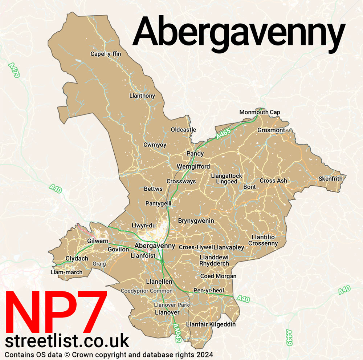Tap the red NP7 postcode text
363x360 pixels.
(x=56, y=313)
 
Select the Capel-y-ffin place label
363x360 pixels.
(x=106, y=54)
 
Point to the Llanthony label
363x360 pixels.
(x=142, y=96)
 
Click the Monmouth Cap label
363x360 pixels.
(x=260, y=112)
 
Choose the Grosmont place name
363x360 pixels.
(x=271, y=130)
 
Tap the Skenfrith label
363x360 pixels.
(x=330, y=179)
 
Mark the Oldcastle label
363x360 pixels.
(x=183, y=130)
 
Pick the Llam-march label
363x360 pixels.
(x=66, y=272)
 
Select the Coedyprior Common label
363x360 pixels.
(x=147, y=291)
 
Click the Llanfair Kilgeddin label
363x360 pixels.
(x=211, y=324)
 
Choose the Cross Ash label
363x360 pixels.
(x=273, y=181)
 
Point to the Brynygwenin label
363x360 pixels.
(x=196, y=221)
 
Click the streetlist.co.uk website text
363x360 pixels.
(x=67, y=341)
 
